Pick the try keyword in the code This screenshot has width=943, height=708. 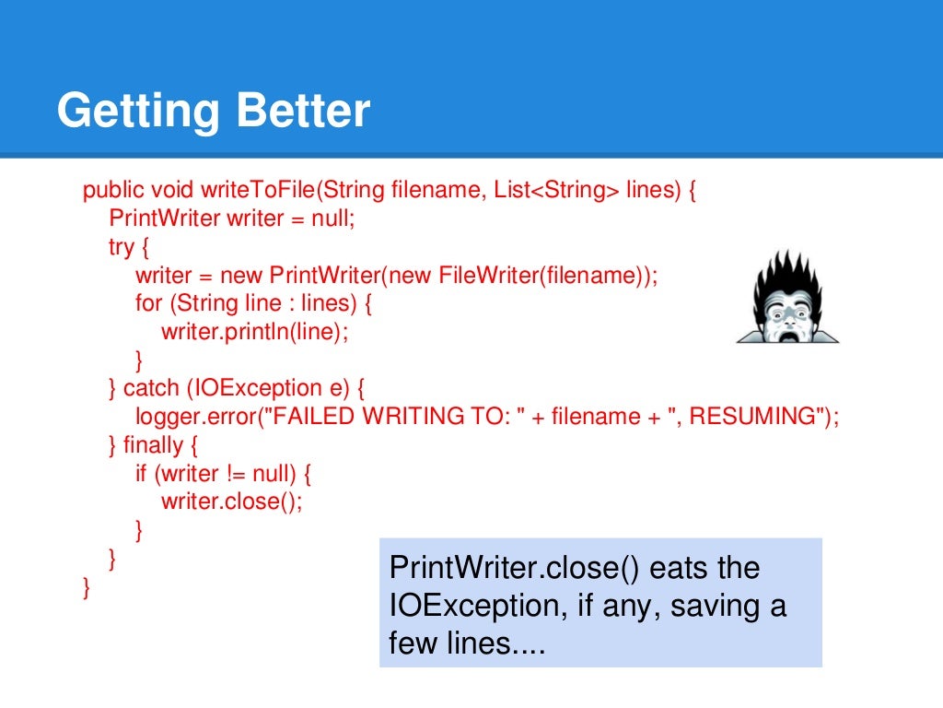121,247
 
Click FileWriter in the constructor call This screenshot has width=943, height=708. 485,275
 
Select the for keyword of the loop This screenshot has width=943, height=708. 147,302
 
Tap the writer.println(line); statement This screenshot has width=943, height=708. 255,331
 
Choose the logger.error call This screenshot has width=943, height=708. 195,416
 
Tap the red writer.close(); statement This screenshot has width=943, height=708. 231,501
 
